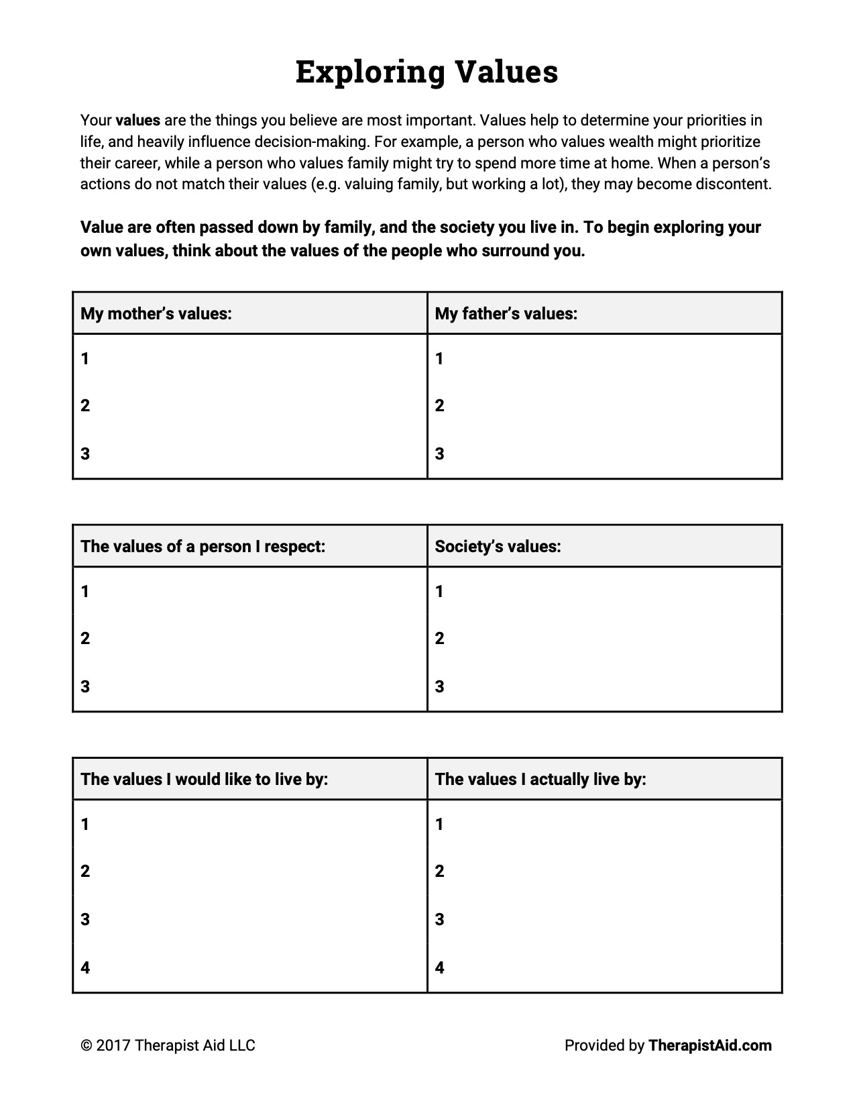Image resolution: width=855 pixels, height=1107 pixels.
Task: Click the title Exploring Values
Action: point(426,72)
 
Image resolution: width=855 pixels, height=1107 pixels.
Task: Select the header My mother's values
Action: point(156,313)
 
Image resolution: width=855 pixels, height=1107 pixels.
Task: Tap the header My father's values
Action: point(506,313)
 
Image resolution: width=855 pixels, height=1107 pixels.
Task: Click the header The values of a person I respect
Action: point(203,546)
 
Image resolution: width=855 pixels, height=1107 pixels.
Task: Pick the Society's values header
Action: point(498,546)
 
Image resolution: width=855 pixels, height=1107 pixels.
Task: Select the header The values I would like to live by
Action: point(204,779)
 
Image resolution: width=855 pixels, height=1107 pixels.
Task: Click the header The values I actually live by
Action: point(540,779)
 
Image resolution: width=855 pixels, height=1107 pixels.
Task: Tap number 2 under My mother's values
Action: point(85,405)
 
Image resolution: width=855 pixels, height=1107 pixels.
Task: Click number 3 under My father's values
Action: point(439,454)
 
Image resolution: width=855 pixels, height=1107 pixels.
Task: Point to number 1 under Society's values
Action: point(439,591)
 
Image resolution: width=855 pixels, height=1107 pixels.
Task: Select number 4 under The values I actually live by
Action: point(439,967)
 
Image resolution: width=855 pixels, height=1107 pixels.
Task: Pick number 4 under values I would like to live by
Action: point(85,967)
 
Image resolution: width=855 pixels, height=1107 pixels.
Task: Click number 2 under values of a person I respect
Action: point(85,638)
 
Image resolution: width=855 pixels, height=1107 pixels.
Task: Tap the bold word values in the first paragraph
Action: point(138,121)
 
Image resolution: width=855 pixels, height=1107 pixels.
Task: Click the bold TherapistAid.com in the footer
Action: point(709,1045)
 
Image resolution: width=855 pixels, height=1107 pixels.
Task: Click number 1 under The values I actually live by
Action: point(439,824)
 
